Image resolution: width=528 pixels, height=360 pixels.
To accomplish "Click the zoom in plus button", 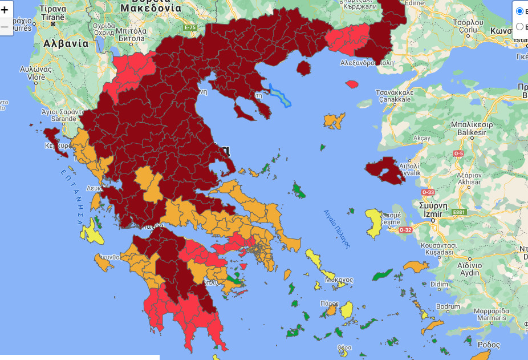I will pyautogui.click(x=5, y=10).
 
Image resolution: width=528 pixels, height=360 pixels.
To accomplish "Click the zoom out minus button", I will pyautogui.click(x=5, y=26).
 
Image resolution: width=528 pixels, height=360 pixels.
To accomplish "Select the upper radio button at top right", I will pyautogui.click(x=519, y=11).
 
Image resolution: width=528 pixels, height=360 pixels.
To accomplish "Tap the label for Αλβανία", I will pyautogui.click(x=66, y=43).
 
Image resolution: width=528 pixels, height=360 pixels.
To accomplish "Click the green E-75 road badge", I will pyautogui.click(x=190, y=27).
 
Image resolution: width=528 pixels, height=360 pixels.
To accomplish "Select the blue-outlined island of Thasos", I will pyautogui.click(x=279, y=95).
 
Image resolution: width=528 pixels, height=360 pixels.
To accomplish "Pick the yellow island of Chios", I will pyautogui.click(x=374, y=223).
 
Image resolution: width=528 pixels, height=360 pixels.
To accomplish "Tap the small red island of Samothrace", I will pyautogui.click(x=352, y=84).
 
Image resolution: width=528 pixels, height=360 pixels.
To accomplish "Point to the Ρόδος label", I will pyautogui.click(x=488, y=345).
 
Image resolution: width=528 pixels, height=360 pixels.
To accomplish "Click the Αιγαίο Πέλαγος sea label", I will pyautogui.click(x=336, y=227).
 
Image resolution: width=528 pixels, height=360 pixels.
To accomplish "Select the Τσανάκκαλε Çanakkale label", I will pyautogui.click(x=393, y=95).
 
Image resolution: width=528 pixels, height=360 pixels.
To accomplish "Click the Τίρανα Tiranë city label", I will pyautogui.click(x=53, y=14).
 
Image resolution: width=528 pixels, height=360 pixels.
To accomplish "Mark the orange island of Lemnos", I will pyautogui.click(x=335, y=120).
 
